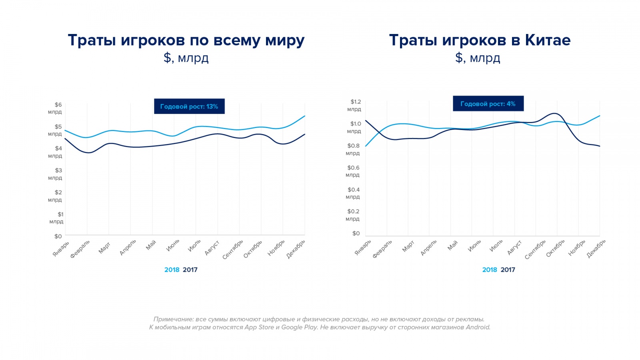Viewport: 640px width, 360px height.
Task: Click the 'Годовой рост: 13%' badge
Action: coord(189,106)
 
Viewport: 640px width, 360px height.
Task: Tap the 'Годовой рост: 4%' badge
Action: coord(488,104)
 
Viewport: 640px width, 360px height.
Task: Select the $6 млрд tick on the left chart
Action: coord(56,108)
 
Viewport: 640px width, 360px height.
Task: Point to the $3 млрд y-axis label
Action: coord(56,174)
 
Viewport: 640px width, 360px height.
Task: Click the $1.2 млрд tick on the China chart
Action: coord(354,105)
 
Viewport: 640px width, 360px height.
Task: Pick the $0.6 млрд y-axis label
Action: coord(353,171)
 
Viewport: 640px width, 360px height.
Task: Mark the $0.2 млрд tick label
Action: coord(353,215)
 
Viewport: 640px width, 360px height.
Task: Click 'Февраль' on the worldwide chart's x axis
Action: coord(80,248)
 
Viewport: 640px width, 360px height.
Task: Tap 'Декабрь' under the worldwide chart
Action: coord(296,249)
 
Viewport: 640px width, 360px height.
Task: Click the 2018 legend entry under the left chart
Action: coord(172,270)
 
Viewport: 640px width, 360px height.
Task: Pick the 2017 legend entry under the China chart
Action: coord(508,270)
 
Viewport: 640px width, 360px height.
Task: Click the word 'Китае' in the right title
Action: coord(548,40)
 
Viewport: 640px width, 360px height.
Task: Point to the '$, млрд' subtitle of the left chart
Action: coord(186,58)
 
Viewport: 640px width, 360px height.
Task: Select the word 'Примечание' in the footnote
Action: coord(173,319)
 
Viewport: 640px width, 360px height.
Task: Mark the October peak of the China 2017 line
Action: coord(555,114)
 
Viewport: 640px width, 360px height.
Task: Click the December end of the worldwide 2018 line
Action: coord(305,116)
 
